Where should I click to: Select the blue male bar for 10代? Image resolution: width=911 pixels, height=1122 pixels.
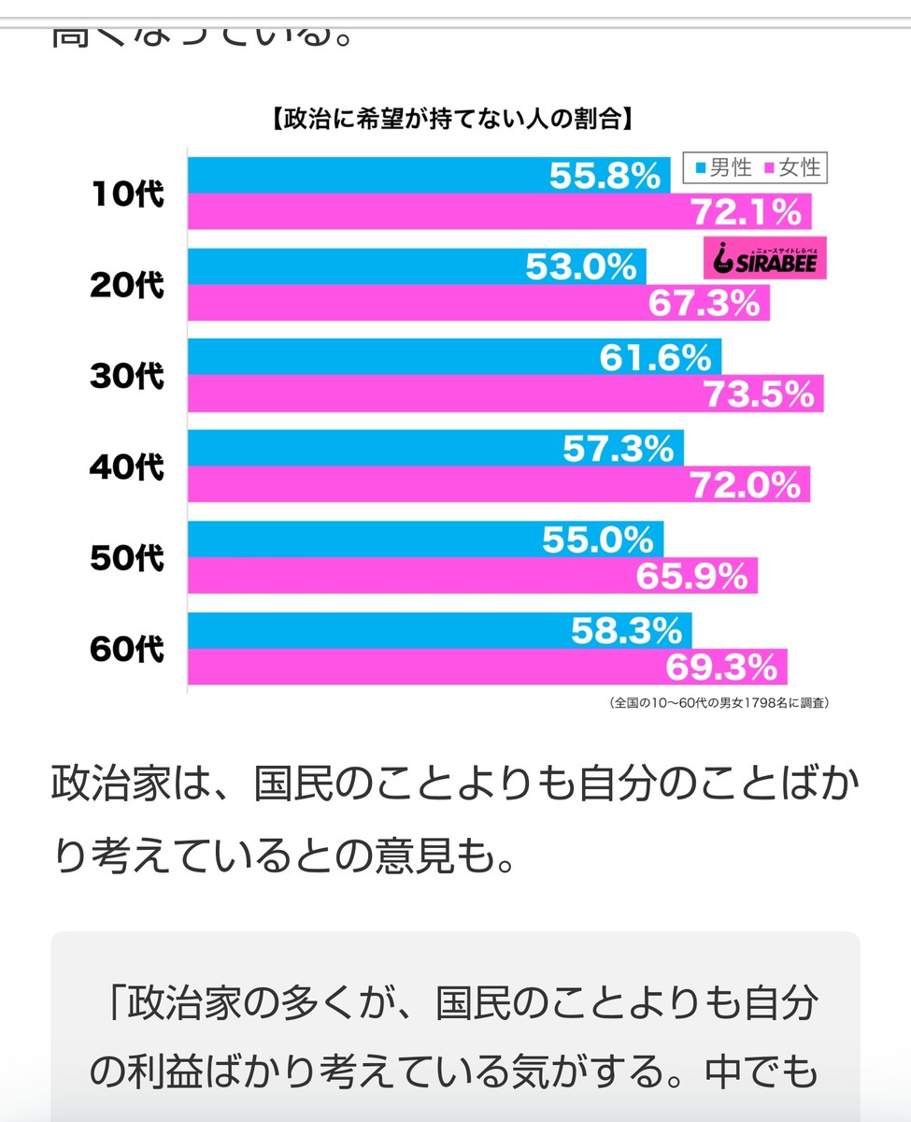point(374,175)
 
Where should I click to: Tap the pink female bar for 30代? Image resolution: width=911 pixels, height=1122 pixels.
point(420,395)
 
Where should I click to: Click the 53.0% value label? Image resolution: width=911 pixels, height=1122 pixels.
point(580,266)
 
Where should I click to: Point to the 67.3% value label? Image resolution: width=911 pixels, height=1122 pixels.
point(705,303)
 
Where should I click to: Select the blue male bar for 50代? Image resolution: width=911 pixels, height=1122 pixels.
point(374,540)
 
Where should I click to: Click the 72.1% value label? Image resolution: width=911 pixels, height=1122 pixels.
point(746,212)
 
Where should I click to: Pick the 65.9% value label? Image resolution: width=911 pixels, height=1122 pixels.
point(692,577)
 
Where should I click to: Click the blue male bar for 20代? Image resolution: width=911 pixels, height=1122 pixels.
point(374,266)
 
